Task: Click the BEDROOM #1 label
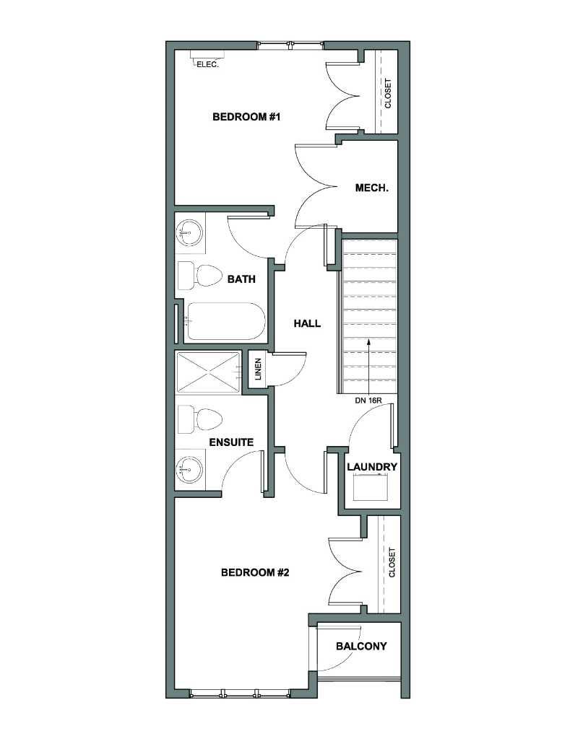[x=246, y=117]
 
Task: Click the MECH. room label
[x=372, y=188]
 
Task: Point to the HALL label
[x=307, y=323]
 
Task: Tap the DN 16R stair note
[x=368, y=401]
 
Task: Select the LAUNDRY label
[x=372, y=467]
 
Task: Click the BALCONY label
[x=361, y=646]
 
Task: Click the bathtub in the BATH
[x=225, y=321]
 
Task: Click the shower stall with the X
[x=208, y=372]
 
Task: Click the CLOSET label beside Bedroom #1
[x=388, y=93]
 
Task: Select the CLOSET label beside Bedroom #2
[x=392, y=562]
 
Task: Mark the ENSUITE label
[x=231, y=442]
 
